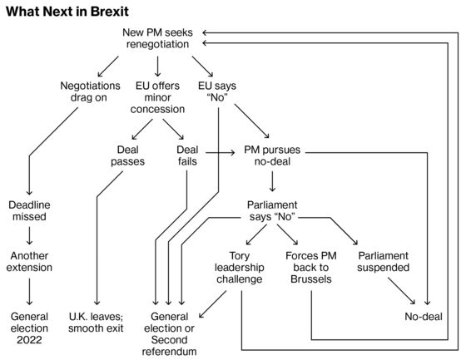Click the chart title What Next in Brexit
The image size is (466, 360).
pyautogui.click(x=67, y=12)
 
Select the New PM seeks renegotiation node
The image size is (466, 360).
pyautogui.click(x=157, y=38)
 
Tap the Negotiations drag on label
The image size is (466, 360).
pyautogui.click(x=90, y=91)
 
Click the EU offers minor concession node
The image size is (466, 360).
pyautogui.click(x=157, y=97)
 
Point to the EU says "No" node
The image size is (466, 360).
pyautogui.click(x=217, y=91)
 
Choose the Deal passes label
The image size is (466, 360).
pyautogui.click(x=128, y=155)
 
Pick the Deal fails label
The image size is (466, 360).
pyautogui.click(x=187, y=155)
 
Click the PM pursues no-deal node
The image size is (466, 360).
pyautogui.click(x=272, y=155)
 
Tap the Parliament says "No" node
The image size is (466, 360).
pyautogui.click(x=272, y=210)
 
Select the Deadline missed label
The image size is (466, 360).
pyautogui.click(x=29, y=210)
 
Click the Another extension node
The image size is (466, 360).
pyautogui.click(x=29, y=261)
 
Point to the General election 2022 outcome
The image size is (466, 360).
pyautogui.click(x=29, y=328)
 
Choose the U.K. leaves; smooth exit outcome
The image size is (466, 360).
pyautogui.click(x=96, y=323)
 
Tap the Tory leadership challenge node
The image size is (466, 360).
pyautogui.click(x=240, y=268)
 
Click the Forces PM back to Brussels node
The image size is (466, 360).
pyautogui.click(x=311, y=268)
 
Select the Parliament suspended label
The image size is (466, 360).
pyautogui.click(x=384, y=261)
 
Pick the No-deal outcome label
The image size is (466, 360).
pyautogui.click(x=424, y=317)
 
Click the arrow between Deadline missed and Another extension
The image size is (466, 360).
pyautogui.click(x=29, y=236)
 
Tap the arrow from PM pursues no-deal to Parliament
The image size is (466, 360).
pyautogui.click(x=272, y=182)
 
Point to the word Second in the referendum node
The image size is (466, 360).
pyautogui.click(x=170, y=340)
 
